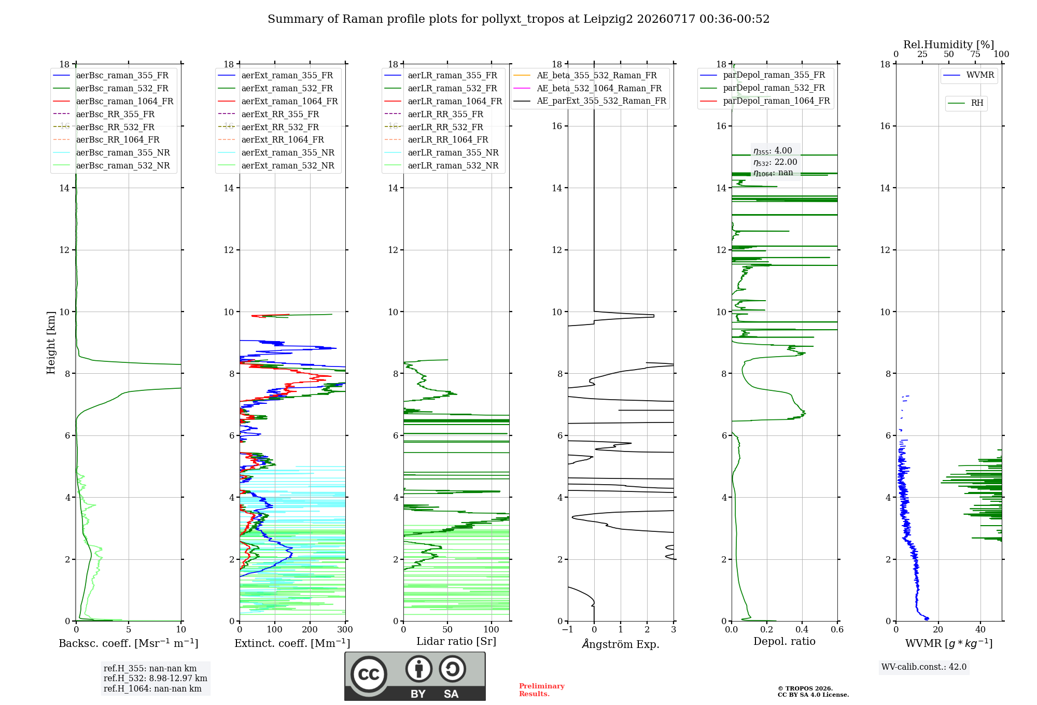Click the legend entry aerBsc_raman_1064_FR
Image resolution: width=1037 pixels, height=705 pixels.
[113, 101]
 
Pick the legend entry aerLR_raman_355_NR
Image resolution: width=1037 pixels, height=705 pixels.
[441, 152]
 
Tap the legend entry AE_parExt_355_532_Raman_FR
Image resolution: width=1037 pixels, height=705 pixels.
[590, 101]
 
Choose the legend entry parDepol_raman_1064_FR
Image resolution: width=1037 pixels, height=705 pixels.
[765, 101]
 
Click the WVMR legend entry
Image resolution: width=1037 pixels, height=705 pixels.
[969, 75]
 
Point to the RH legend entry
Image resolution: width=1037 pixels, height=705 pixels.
[965, 103]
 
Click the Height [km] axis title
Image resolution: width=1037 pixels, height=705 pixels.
[51, 343]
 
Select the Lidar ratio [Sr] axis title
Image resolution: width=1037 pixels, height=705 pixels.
[456, 641]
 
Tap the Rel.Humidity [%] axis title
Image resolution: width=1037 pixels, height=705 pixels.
[949, 45]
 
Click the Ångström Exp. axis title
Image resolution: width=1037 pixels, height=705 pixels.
[621, 644]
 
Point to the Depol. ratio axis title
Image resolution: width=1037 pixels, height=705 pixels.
[784, 641]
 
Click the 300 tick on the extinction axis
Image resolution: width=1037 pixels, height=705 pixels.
[345, 629]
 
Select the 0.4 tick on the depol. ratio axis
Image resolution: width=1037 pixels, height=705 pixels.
[802, 629]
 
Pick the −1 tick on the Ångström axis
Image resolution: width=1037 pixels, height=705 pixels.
[568, 629]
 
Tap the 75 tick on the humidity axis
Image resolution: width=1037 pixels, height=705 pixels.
[975, 54]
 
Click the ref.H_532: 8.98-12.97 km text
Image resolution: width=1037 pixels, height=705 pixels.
[156, 678]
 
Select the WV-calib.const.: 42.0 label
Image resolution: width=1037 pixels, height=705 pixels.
[924, 667]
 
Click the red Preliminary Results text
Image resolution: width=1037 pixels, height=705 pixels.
[542, 690]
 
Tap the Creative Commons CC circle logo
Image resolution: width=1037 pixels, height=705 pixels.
[369, 674]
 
